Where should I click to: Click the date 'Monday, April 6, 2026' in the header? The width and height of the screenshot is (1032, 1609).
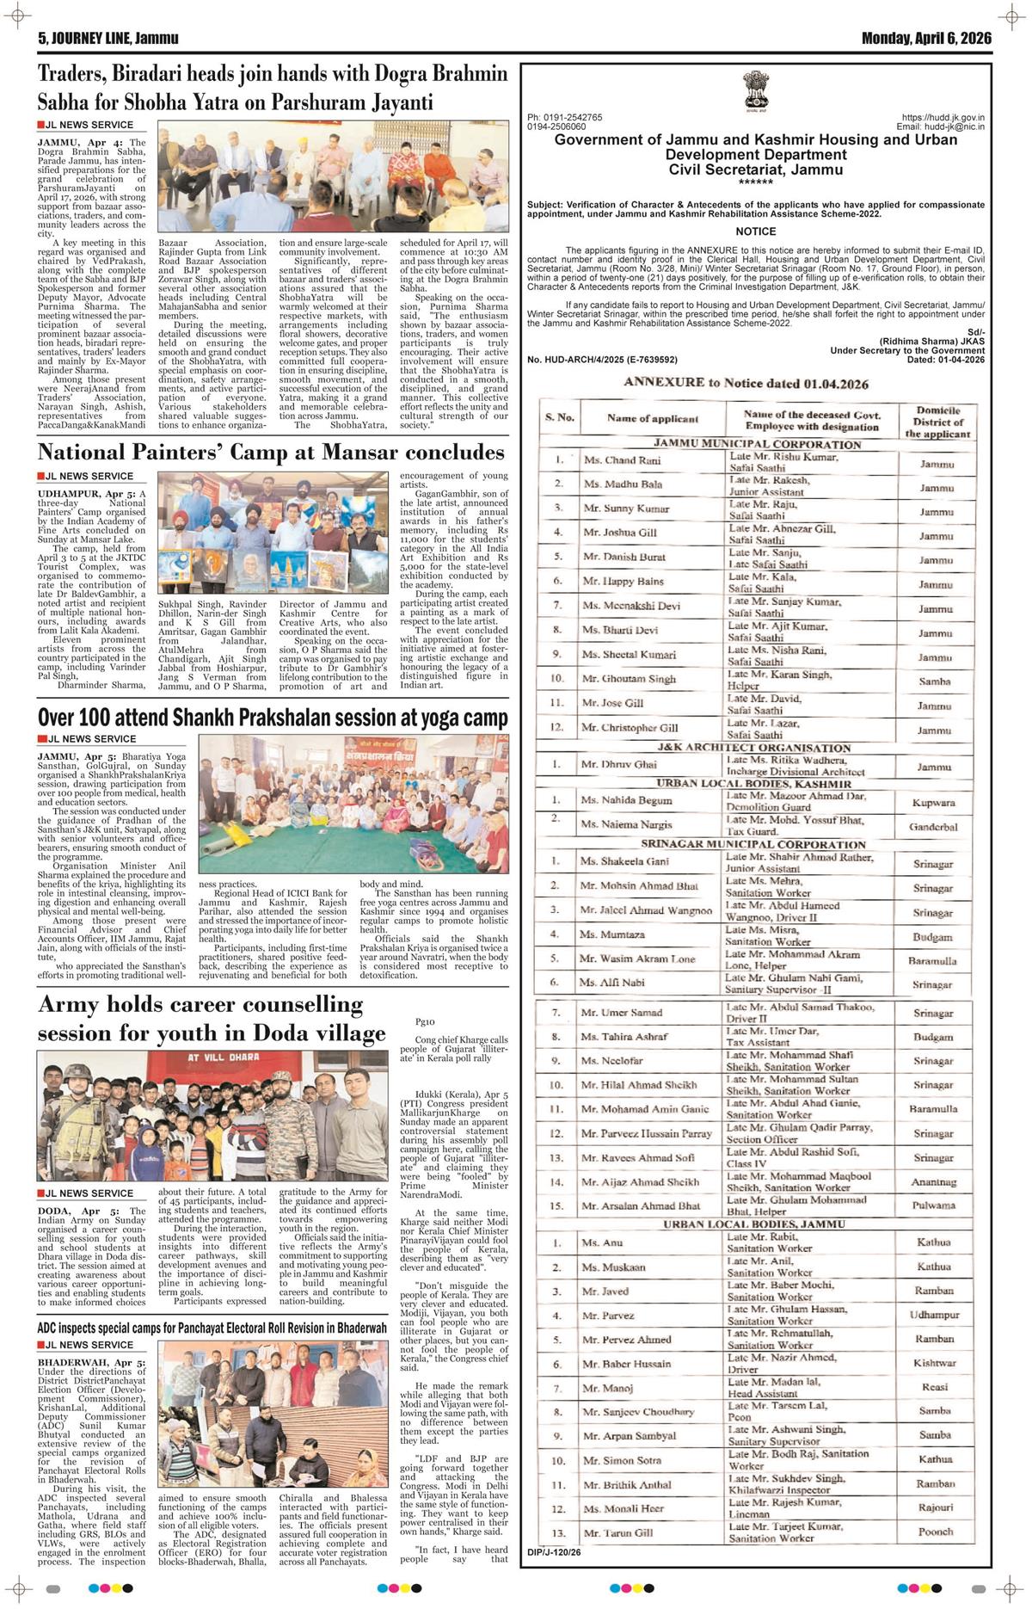click(925, 39)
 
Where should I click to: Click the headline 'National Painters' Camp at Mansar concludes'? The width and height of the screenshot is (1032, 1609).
click(271, 453)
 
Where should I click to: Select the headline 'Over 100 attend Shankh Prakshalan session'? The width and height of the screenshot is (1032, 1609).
click(273, 718)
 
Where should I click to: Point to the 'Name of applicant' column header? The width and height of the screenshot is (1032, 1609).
click(640, 419)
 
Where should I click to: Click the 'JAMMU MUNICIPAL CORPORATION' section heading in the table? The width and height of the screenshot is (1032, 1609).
click(757, 444)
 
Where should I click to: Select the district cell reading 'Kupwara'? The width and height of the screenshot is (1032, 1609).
click(933, 803)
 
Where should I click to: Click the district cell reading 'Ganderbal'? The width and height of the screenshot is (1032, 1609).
click(933, 827)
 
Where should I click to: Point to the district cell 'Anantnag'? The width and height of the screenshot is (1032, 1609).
click(934, 1182)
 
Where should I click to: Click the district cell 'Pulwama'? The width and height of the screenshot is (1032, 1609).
click(934, 1205)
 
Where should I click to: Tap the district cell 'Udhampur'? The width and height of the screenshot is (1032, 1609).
click(934, 1316)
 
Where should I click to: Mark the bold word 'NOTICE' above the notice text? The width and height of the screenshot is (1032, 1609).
click(755, 231)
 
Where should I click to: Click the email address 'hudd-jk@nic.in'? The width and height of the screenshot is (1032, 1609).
click(953, 126)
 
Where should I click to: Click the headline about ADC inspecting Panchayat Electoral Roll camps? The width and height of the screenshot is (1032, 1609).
click(212, 1329)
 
